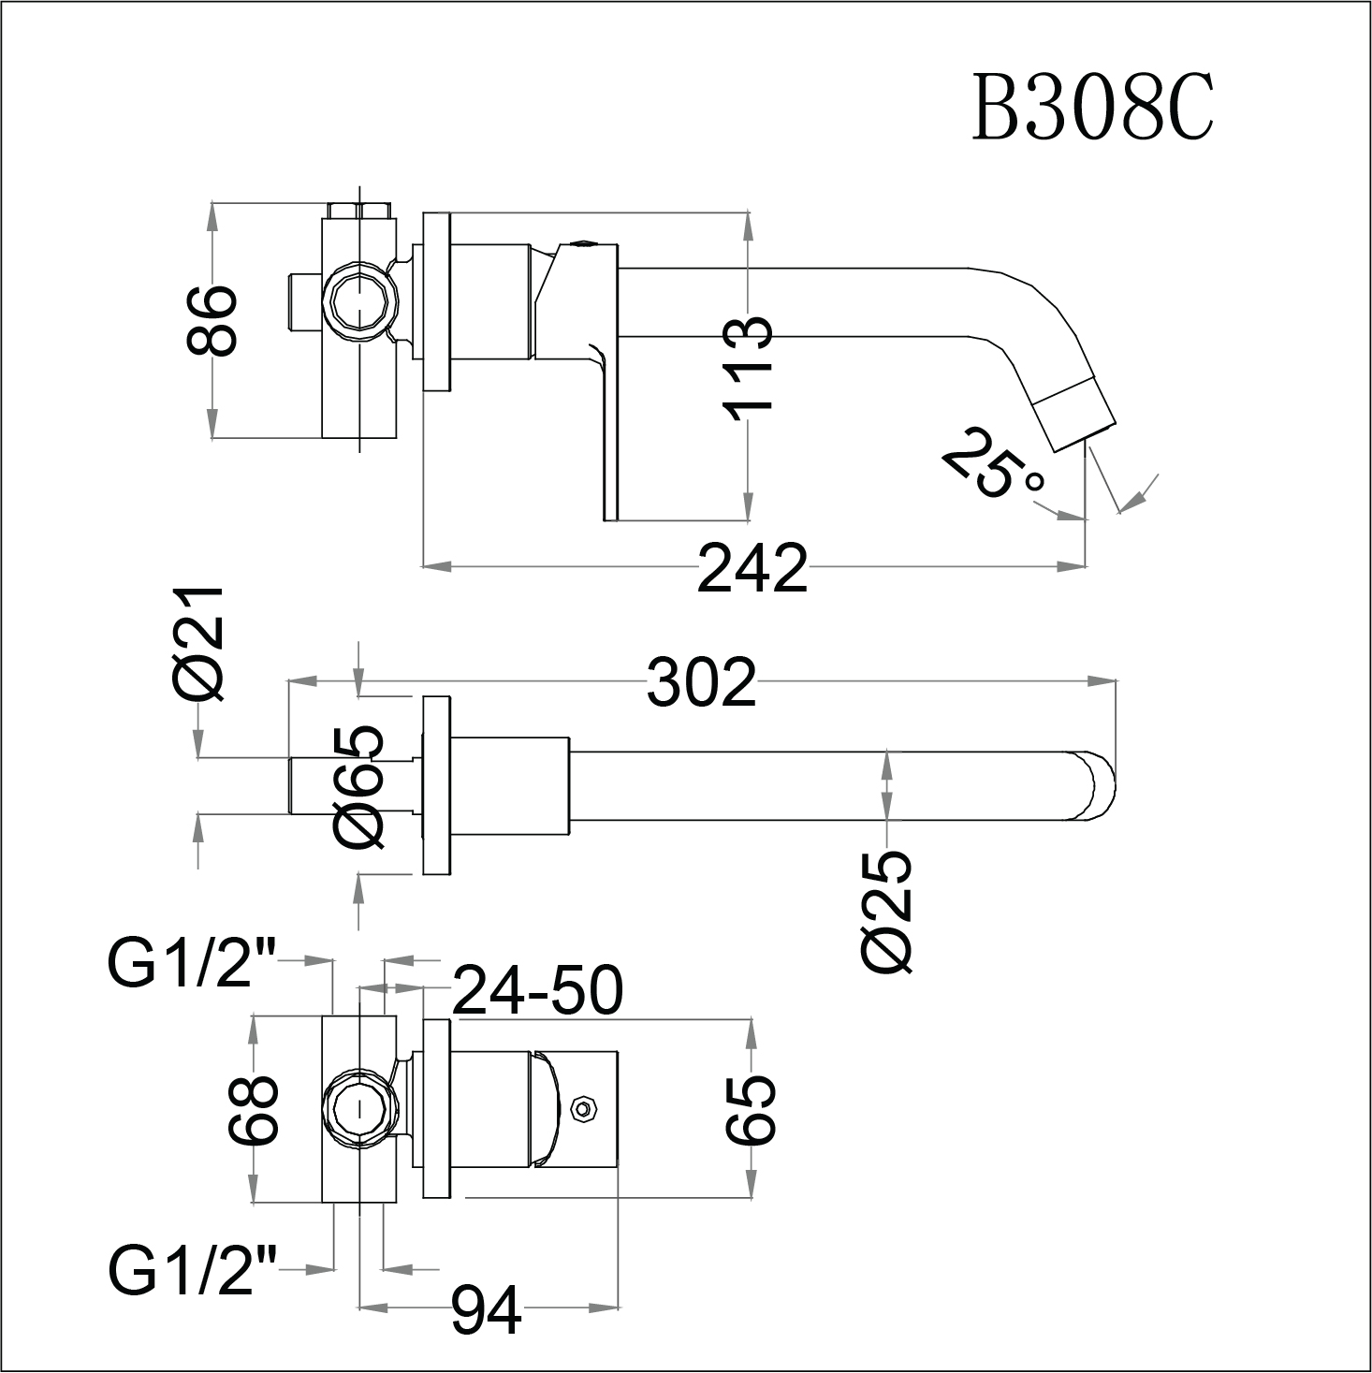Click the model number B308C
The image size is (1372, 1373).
tap(1092, 109)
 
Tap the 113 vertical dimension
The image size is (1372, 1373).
tap(748, 365)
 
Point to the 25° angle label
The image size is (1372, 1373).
tap(992, 465)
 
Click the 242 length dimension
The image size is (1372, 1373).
tap(752, 568)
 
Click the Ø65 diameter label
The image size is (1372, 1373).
tap(359, 787)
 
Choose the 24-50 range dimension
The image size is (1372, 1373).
tap(537, 991)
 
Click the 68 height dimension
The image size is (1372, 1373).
tap(254, 1110)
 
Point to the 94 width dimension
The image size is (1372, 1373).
tap(486, 1311)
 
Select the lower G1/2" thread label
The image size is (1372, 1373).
tap(192, 1270)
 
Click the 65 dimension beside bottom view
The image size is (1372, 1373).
tap(751, 1110)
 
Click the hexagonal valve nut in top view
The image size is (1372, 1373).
tap(358, 303)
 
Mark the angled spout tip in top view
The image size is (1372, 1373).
tap(1076, 412)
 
